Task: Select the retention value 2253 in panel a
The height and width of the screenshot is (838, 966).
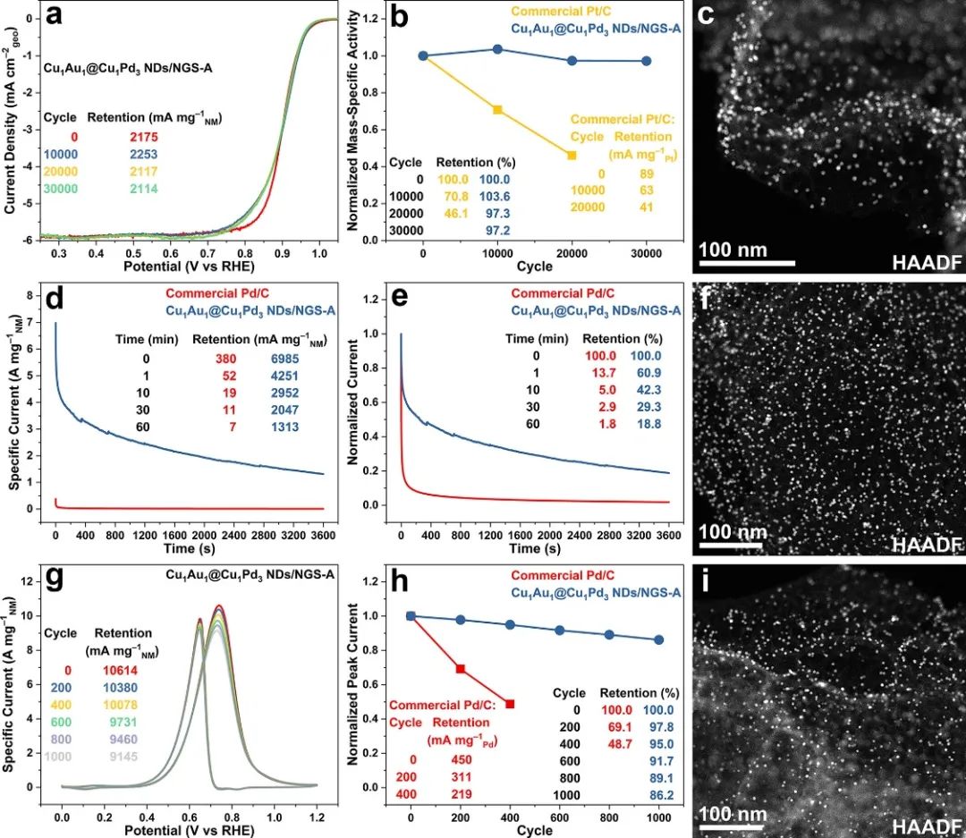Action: pos(142,153)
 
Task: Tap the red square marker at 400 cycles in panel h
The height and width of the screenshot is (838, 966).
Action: pos(510,704)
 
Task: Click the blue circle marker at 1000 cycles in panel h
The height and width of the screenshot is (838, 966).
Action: pos(659,639)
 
